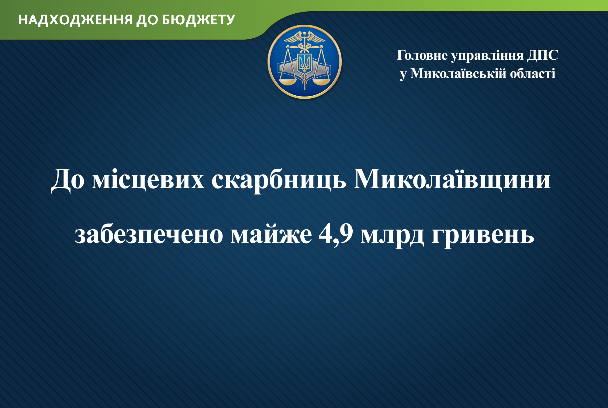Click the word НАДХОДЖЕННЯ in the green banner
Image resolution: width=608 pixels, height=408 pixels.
[x=75, y=20]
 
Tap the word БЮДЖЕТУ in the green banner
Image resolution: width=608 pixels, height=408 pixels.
[x=199, y=20]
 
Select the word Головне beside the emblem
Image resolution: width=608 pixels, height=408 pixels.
[x=422, y=55]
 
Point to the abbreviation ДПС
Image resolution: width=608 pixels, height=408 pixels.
[x=543, y=56]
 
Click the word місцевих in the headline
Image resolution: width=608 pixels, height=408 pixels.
[x=148, y=179]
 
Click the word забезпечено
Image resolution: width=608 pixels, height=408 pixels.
[x=149, y=234]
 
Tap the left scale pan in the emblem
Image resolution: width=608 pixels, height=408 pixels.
[x=288, y=82]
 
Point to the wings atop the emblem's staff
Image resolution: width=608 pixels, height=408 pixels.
[x=304, y=37]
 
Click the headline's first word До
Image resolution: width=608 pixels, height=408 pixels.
[x=67, y=180]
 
